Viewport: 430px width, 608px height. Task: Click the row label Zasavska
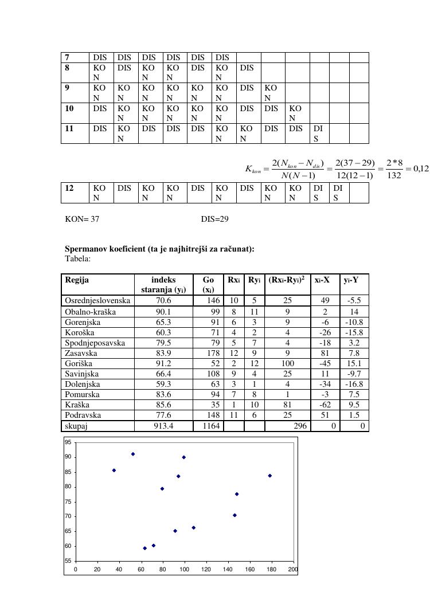[80, 353]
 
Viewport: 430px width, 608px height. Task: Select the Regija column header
[77, 280]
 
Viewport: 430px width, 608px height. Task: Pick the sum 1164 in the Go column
[210, 426]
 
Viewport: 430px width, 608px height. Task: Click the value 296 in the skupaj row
[300, 426]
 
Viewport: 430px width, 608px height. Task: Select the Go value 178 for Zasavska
[213, 353]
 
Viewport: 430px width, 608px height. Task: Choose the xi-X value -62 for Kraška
[325, 405]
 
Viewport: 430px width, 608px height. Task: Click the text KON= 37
[83, 219]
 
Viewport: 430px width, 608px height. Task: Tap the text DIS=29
[215, 219]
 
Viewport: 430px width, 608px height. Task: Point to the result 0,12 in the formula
[421, 169]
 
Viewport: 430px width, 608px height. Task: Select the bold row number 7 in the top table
[68, 57]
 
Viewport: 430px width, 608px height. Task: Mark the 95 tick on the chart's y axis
[68, 442]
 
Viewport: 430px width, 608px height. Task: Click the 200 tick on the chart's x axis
[293, 569]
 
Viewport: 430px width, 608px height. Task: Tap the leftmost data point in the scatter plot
[114, 470]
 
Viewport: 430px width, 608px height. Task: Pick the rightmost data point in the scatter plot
[269, 476]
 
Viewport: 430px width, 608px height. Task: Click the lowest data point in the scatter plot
[144, 548]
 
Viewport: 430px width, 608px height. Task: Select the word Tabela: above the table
[77, 258]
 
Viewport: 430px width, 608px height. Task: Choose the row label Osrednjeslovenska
[97, 300]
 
